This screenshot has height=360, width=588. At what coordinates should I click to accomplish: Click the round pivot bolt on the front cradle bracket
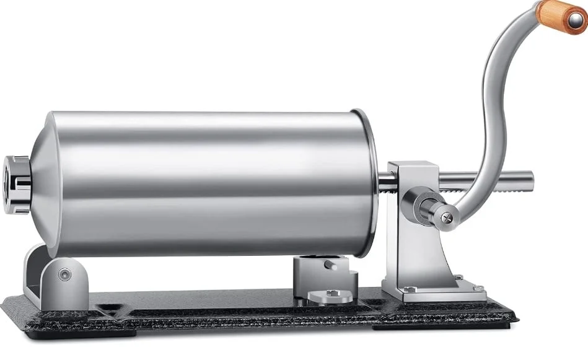[x=65, y=274]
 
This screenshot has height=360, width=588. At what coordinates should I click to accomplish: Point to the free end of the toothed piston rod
[x=529, y=180]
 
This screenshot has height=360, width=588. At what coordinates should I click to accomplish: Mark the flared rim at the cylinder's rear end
[x=371, y=183]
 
